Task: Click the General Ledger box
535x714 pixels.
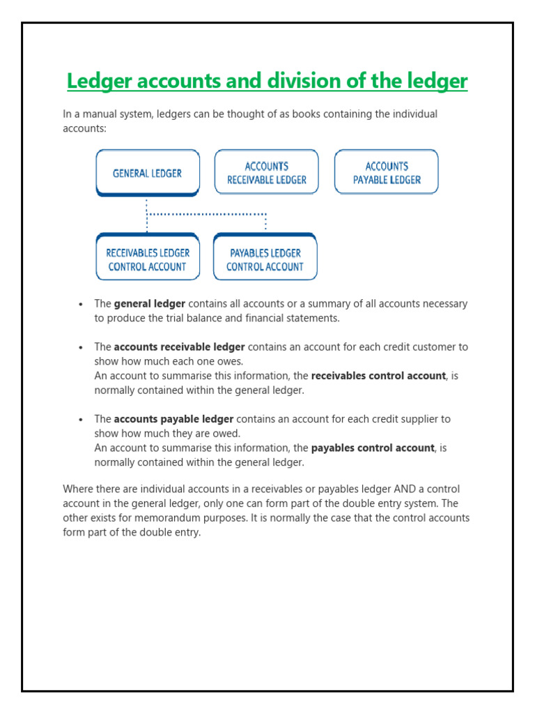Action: [x=147, y=173]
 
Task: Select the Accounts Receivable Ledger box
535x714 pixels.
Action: [x=266, y=173]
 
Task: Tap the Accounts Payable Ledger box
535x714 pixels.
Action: [x=387, y=173]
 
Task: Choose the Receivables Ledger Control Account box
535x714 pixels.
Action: [x=147, y=259]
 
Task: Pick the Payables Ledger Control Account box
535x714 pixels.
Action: [x=265, y=259]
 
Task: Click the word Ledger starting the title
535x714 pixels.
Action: [x=98, y=82]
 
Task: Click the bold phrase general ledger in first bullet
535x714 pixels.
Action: [x=149, y=304]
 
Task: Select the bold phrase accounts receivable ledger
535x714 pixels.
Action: [x=179, y=347]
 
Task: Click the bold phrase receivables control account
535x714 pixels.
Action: [x=378, y=376]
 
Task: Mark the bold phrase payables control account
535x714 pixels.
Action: [x=373, y=448]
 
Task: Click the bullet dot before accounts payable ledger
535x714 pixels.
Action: [x=82, y=420]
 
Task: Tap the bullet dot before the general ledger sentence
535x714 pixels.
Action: [x=82, y=305]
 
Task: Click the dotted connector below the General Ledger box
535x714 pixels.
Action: [x=147, y=213]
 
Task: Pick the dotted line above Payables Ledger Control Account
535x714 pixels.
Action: [x=265, y=222]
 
